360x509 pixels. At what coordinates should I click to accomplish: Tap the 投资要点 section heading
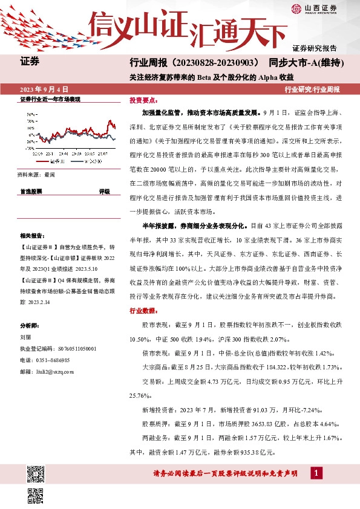pyautogui.click(x=143, y=100)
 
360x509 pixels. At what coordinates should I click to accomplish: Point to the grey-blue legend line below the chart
pyautogui.click(x=80, y=162)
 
